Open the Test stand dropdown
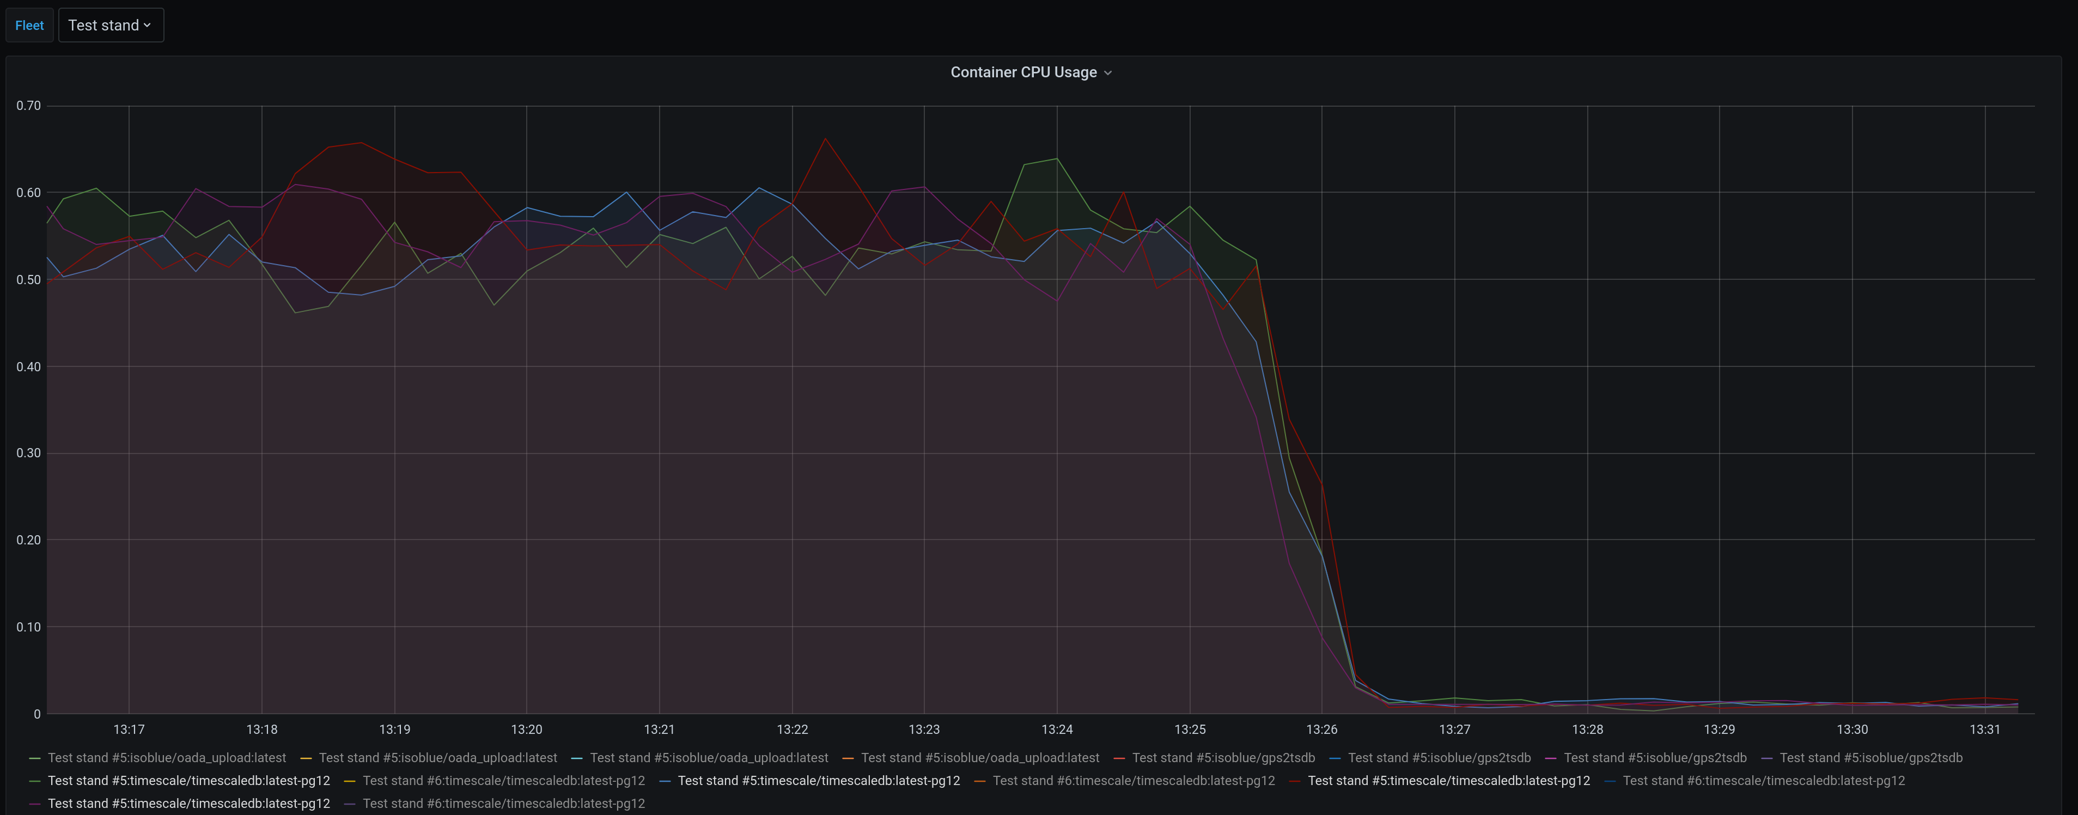point(111,25)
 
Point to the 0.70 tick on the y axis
point(28,106)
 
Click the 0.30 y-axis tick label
point(28,453)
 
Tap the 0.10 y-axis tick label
point(28,627)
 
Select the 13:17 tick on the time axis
point(129,730)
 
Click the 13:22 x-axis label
point(792,730)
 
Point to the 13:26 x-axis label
point(1321,730)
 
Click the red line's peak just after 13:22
point(825,139)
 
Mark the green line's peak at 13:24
point(1057,159)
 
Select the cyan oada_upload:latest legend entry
point(708,758)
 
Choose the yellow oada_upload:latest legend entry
point(437,758)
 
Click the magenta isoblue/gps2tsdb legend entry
point(1654,758)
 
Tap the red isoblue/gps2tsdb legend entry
point(1223,758)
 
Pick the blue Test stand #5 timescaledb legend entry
point(818,780)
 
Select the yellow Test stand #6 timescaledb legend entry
point(503,780)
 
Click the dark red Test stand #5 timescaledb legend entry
point(1448,780)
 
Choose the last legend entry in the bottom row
point(503,804)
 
